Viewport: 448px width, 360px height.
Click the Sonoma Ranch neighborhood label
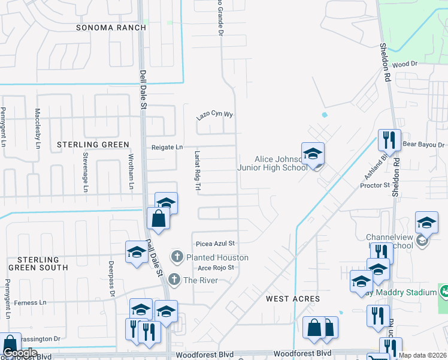(x=111, y=28)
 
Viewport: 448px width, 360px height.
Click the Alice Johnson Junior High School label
(x=272, y=163)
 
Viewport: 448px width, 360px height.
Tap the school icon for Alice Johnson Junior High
(x=313, y=155)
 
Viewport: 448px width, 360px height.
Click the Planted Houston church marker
(x=177, y=257)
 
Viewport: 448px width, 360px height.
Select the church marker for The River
(x=174, y=280)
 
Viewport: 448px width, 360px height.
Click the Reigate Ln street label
(x=167, y=146)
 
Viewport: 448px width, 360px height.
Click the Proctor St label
(x=375, y=186)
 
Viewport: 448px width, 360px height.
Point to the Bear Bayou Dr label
(x=424, y=145)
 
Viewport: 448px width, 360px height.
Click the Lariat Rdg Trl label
(x=196, y=171)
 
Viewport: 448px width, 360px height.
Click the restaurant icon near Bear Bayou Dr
(x=389, y=140)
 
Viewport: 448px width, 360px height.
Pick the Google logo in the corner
(x=20, y=353)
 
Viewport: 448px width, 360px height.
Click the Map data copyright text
(x=423, y=355)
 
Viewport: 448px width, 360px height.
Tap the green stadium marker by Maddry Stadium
(x=444, y=292)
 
